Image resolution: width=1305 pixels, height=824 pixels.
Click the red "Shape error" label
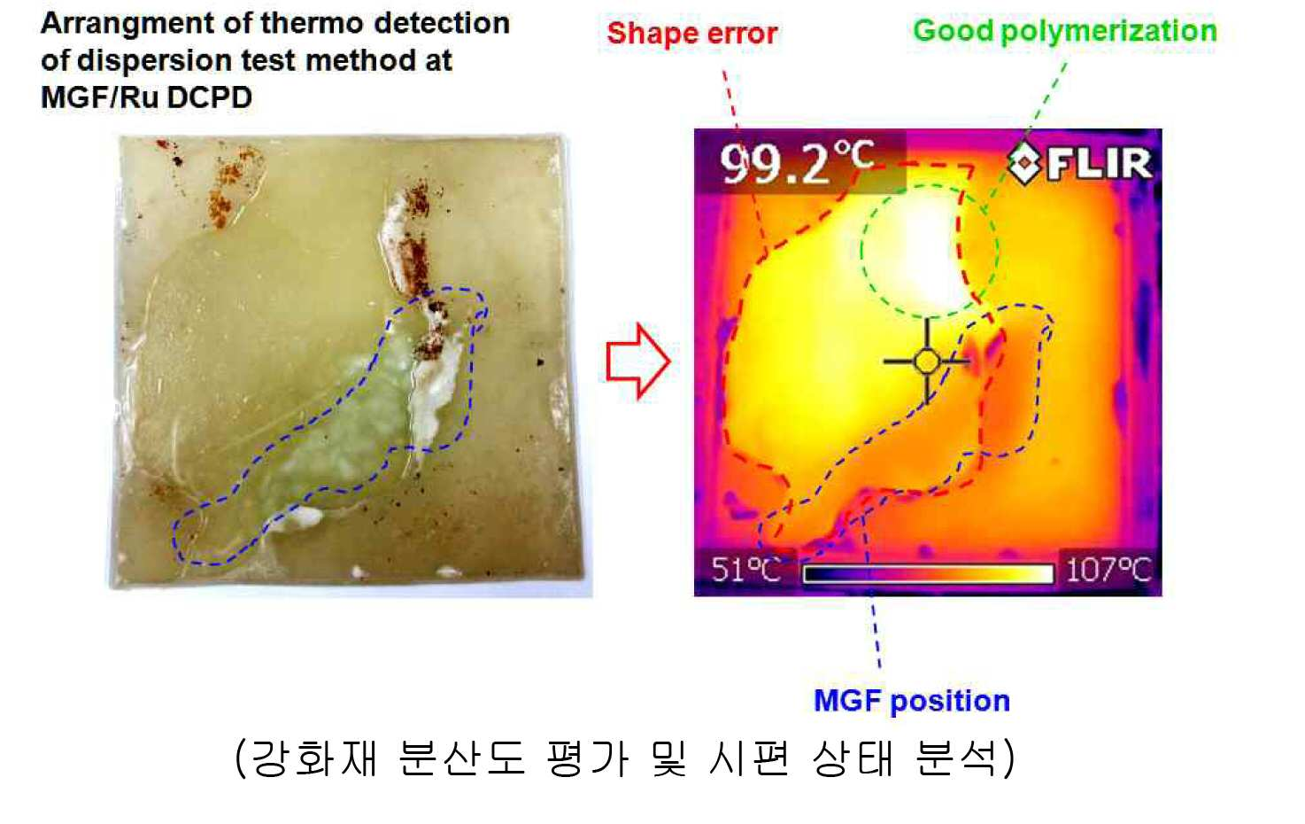click(692, 34)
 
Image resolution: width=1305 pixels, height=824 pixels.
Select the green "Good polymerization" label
click(1065, 31)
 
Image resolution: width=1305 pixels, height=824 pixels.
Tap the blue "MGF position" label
click(912, 700)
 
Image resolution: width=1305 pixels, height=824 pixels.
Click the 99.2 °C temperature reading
click(798, 162)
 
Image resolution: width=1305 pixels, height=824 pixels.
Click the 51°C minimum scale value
click(745, 569)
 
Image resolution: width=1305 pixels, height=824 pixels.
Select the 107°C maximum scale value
click(1108, 569)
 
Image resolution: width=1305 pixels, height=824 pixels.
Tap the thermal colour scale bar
click(929, 573)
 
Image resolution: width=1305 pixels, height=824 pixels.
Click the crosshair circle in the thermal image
click(927, 361)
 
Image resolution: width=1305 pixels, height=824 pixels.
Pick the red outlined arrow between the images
click(638, 361)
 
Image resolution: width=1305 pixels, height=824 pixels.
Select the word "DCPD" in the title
click(209, 97)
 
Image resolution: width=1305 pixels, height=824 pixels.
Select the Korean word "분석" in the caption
click(956, 758)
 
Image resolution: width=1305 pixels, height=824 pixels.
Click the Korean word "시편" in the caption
click(750, 758)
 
